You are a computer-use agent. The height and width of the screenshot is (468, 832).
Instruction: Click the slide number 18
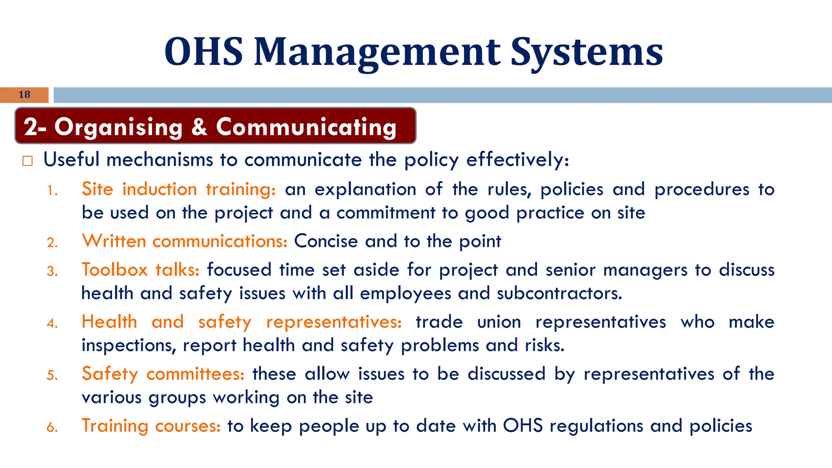tap(24, 95)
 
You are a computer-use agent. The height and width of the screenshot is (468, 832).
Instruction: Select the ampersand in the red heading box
tap(199, 127)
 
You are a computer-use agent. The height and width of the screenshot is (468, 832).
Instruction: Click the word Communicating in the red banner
tap(306, 127)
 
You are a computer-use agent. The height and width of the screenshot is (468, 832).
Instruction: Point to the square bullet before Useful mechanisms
tap(27, 161)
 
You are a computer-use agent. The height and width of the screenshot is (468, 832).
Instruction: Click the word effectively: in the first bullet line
tap(518, 160)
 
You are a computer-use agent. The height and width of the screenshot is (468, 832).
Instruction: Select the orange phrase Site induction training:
tap(179, 189)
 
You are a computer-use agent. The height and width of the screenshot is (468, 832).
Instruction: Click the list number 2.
tap(52, 243)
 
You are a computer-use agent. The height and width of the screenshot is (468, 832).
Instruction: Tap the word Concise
tap(326, 241)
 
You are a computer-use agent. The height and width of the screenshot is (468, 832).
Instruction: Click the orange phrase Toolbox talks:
tap(141, 270)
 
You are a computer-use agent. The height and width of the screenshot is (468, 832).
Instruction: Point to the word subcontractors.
tap(559, 293)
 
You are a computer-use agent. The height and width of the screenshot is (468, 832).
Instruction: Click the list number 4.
tap(52, 323)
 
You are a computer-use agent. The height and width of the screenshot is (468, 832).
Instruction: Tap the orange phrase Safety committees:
tap(163, 374)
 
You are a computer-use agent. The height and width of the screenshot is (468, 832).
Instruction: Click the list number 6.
tap(52, 427)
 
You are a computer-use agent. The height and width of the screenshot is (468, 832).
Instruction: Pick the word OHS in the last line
tap(523, 426)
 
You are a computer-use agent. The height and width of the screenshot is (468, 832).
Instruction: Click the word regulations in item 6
tap(596, 426)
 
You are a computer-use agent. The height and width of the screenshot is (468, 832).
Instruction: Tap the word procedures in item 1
tap(702, 189)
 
